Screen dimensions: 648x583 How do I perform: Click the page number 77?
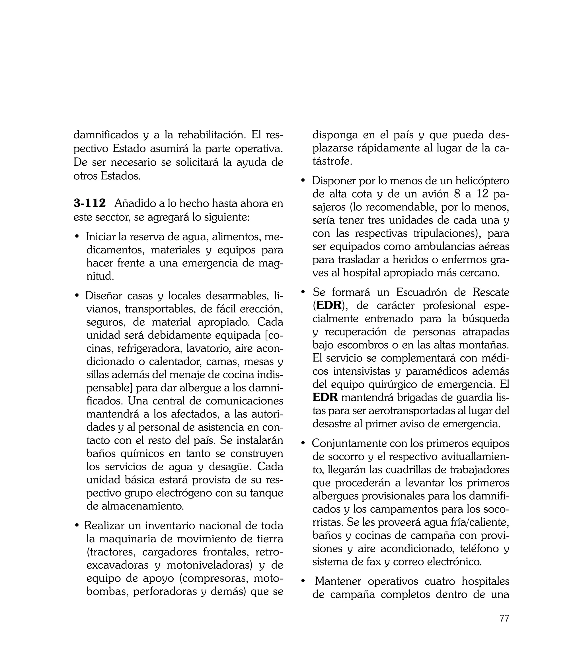[x=504, y=618]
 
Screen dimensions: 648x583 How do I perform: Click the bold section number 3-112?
[x=89, y=203]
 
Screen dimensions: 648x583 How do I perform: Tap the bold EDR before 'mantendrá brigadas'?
[x=325, y=397]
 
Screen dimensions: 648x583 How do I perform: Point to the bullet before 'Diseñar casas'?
[x=77, y=296]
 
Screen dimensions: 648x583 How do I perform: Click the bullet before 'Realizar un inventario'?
[x=77, y=526]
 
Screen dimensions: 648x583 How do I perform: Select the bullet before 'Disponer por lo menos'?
[x=303, y=181]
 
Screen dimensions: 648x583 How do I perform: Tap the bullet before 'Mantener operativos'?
[x=303, y=581]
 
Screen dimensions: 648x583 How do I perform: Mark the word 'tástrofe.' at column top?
[x=332, y=161]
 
